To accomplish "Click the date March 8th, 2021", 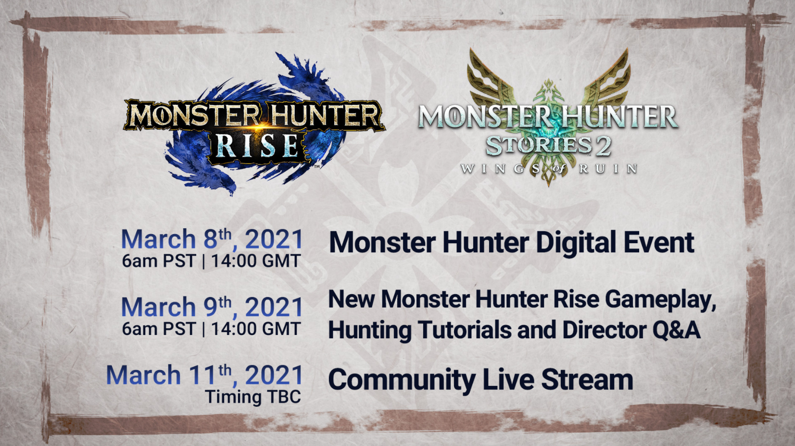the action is click(212, 239).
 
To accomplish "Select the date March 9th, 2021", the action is click(212, 307).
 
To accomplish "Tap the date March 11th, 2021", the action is click(204, 375).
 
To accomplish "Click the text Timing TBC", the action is click(253, 396).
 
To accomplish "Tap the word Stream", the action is click(587, 379).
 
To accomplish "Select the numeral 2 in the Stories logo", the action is click(603, 146).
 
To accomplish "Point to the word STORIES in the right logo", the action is click(539, 146).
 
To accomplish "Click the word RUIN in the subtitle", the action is click(608, 169).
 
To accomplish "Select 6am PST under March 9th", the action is click(159, 329).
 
